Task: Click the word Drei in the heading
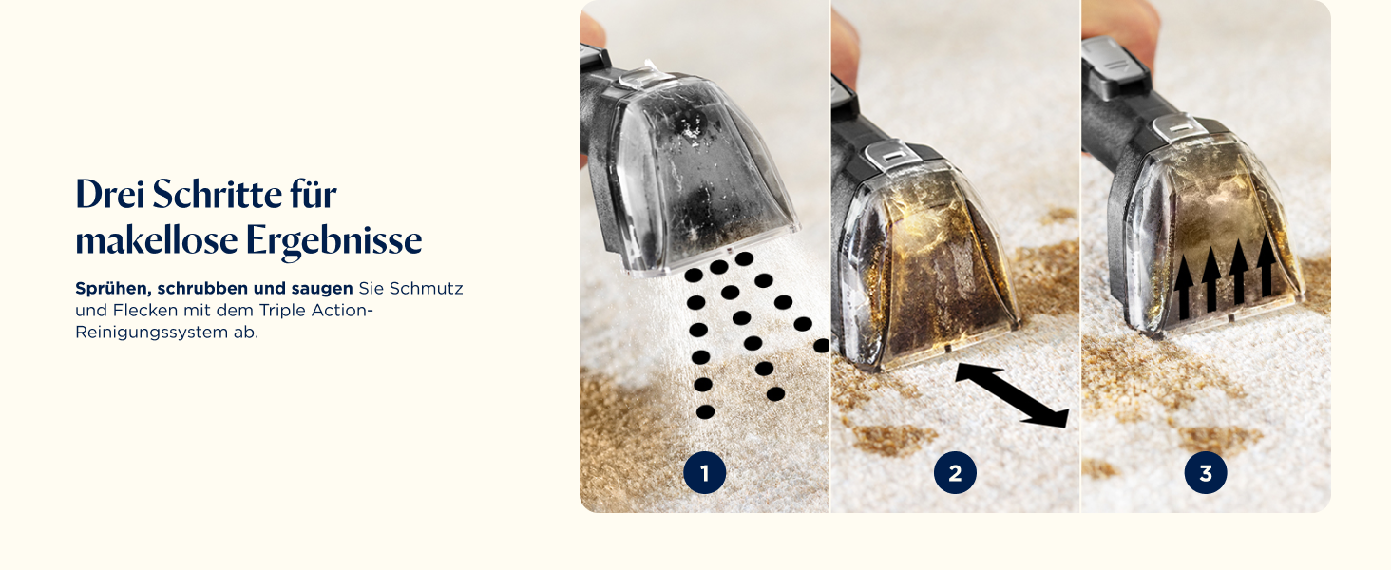click(110, 195)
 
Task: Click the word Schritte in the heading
click(217, 195)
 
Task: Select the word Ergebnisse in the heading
click(334, 241)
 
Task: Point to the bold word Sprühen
click(111, 289)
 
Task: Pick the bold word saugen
click(322, 290)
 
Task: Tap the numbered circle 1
click(705, 473)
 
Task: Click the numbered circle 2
click(955, 473)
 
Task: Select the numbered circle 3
click(1206, 473)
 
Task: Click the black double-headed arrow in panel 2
click(1012, 395)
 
